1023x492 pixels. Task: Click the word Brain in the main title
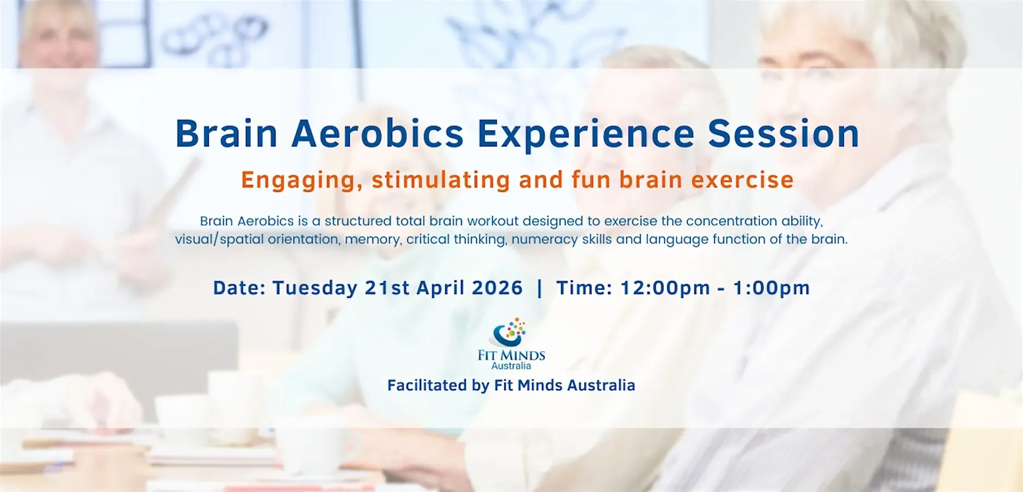(226, 134)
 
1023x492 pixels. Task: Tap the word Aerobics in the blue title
(377, 134)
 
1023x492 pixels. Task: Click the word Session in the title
(783, 134)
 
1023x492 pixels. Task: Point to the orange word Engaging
(301, 180)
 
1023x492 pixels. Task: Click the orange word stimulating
(441, 180)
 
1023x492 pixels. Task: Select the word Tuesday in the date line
(315, 288)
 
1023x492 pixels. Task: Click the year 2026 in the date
(497, 288)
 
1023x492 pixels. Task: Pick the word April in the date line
(440, 288)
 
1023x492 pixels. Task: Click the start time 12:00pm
(665, 288)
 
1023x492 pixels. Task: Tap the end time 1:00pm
(771, 288)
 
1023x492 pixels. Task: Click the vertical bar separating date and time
(539, 288)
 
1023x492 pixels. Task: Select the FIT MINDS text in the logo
(511, 356)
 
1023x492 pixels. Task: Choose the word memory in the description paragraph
(373, 240)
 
